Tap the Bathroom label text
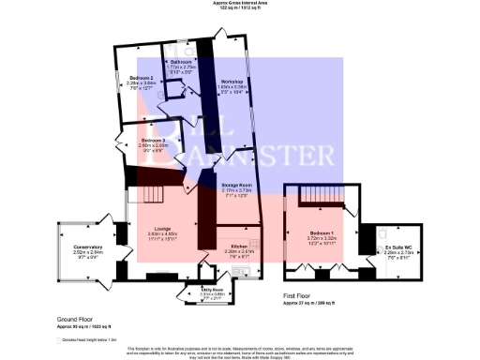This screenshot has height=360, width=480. [x=181, y=61]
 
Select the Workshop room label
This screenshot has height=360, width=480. [x=232, y=82]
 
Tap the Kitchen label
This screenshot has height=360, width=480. [x=237, y=246]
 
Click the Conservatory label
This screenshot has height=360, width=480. [x=94, y=247]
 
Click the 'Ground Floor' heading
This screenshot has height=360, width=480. [x=74, y=320]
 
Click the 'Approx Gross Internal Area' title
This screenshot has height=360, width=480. [x=239, y=4]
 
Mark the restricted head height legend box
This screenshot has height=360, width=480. [x=58, y=339]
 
